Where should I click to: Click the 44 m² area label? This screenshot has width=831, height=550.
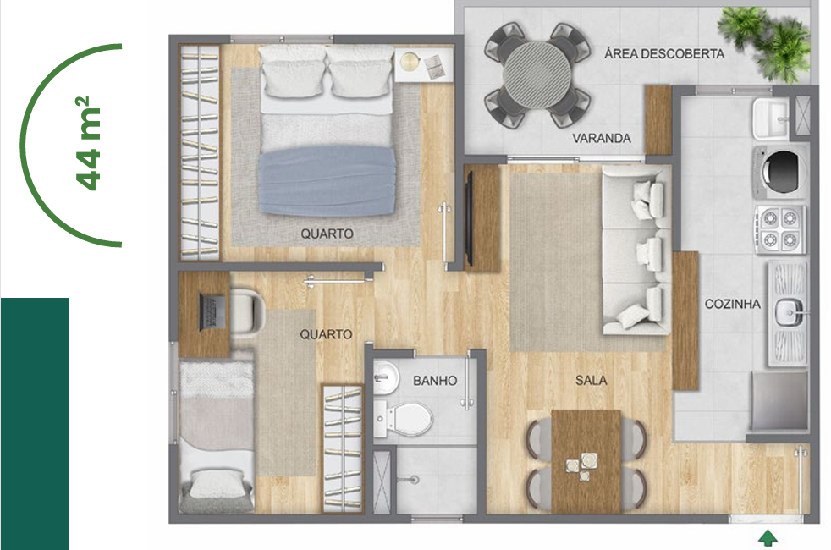(x=88, y=144)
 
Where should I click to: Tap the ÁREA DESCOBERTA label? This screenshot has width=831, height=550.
(x=664, y=53)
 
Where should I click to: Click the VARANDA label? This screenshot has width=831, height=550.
(x=602, y=138)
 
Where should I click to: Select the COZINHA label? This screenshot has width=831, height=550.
(x=733, y=304)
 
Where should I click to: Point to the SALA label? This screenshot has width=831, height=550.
(x=591, y=380)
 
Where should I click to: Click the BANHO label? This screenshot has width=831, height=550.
(x=435, y=381)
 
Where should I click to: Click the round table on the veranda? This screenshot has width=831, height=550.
(x=537, y=74)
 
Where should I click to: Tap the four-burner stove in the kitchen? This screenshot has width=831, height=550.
(x=779, y=229)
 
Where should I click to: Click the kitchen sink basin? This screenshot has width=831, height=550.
(x=790, y=312)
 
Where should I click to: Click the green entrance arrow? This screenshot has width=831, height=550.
(x=768, y=538)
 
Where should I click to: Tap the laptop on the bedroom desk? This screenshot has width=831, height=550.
(x=212, y=311)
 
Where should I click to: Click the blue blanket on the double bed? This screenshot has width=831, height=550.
(x=327, y=181)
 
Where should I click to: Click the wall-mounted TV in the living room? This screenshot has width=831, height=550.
(x=468, y=217)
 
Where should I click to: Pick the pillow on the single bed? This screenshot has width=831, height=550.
(x=217, y=486)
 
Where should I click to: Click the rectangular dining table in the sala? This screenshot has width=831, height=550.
(x=586, y=461)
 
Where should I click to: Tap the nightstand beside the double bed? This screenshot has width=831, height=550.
(x=424, y=64)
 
